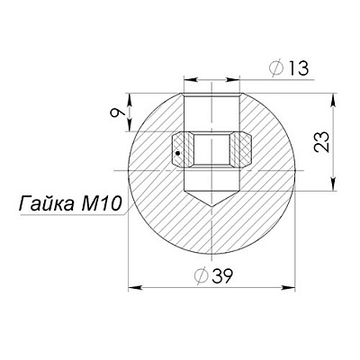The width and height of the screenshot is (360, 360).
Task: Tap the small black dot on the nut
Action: [178, 153]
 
